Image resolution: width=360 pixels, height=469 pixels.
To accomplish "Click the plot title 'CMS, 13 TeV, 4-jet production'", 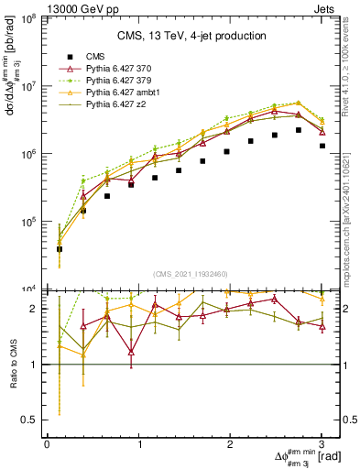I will [191, 36].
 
